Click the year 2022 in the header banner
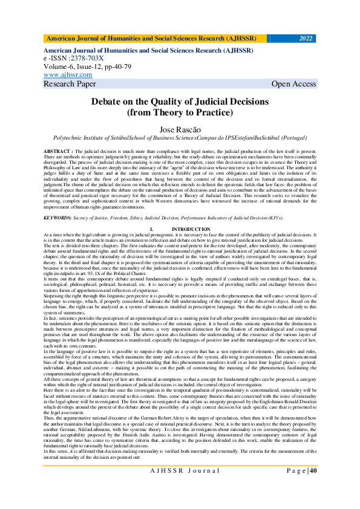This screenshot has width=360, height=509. click(306, 39)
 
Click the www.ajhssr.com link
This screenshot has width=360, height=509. click(68, 74)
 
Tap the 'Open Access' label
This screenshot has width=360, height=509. click(293, 83)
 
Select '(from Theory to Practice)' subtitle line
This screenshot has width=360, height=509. click(180, 112)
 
